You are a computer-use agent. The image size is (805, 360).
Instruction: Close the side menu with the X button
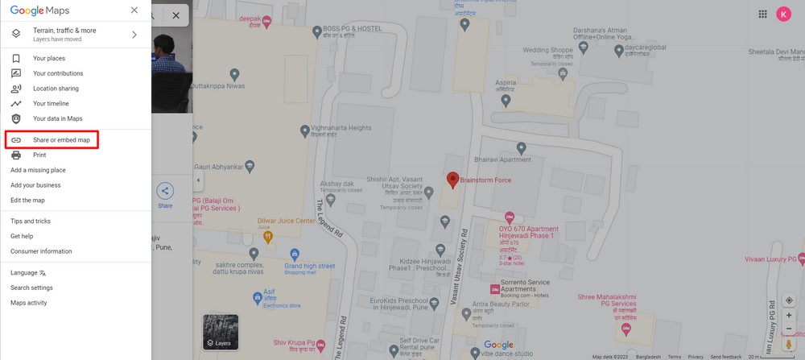pyautogui.click(x=134, y=10)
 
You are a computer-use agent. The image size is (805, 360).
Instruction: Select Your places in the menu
pyautogui.click(x=49, y=59)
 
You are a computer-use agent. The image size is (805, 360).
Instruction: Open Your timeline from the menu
pyautogui.click(x=51, y=104)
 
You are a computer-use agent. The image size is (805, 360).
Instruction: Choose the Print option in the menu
pyautogui.click(x=39, y=155)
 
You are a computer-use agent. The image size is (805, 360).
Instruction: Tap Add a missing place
pyautogui.click(x=38, y=170)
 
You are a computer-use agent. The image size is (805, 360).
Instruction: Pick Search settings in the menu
pyautogui.click(x=31, y=288)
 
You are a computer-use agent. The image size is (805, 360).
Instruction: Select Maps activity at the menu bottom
pyautogui.click(x=29, y=303)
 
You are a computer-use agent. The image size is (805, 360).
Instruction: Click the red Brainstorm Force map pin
pyautogui.click(x=452, y=180)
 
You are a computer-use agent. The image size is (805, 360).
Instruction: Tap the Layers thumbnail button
pyautogui.click(x=220, y=332)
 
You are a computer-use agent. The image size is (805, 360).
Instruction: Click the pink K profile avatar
pyautogui.click(x=783, y=14)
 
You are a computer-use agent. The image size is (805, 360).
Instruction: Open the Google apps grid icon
pyautogui.click(x=762, y=14)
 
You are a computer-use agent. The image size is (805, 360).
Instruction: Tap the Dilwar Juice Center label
pyautogui.click(x=286, y=221)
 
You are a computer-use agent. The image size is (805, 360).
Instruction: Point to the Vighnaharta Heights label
pyautogui.click(x=342, y=128)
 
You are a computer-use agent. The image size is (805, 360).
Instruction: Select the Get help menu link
pyautogui.click(x=22, y=236)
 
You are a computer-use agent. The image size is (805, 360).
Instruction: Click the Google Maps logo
pyautogui.click(x=40, y=10)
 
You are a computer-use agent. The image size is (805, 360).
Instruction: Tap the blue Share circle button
pyautogui.click(x=165, y=191)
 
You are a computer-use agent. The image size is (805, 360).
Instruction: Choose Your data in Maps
pyautogui.click(x=57, y=118)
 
